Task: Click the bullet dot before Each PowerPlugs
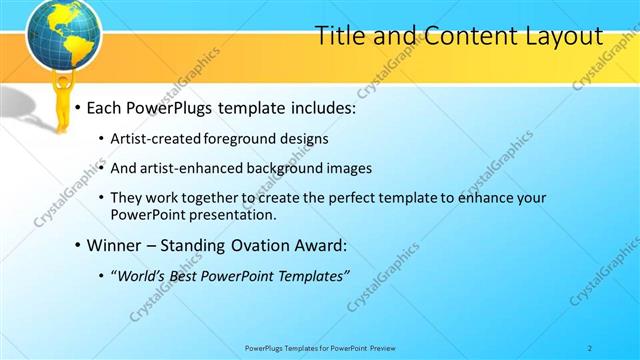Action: pos(77,107)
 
